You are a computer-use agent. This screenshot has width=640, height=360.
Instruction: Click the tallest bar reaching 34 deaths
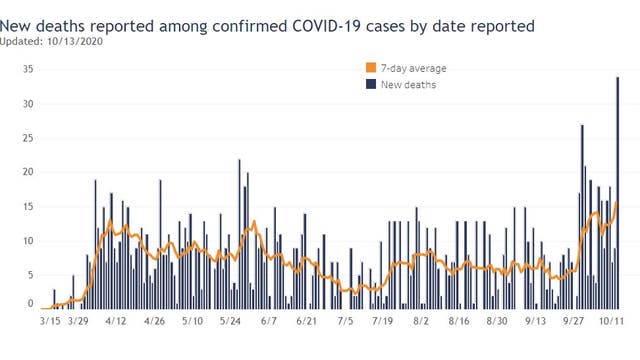coord(618,190)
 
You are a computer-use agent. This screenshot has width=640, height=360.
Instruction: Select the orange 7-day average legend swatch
coord(371,68)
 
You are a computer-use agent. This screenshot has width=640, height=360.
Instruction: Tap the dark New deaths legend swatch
coord(371,85)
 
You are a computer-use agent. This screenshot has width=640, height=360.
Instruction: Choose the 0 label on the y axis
coord(31,304)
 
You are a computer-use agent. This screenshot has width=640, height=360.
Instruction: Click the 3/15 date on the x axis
coord(51,322)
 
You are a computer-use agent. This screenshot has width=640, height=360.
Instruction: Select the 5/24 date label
coord(230,322)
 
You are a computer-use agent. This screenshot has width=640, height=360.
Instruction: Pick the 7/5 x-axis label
coord(345,322)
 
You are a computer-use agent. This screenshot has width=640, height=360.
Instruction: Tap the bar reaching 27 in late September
coord(582,215)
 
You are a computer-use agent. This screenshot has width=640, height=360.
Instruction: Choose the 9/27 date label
coord(573,322)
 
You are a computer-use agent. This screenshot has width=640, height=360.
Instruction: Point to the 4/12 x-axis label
coord(115,322)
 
